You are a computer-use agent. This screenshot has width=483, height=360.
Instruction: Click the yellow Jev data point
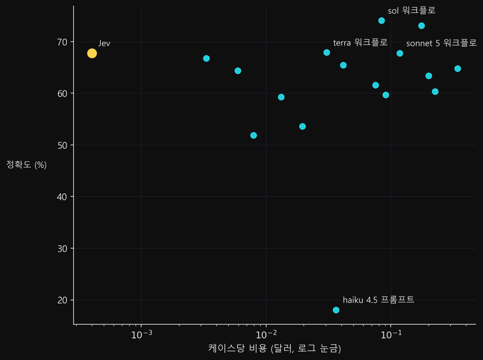pyautogui.click(x=92, y=53)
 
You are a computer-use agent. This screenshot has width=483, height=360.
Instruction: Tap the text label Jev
pyautogui.click(x=105, y=43)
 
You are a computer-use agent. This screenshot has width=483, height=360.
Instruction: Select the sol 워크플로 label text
pyautogui.click(x=412, y=11)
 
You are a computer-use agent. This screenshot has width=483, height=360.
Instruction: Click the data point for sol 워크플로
pyautogui.click(x=381, y=21)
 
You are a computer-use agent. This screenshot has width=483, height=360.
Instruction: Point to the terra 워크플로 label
pyautogui.click(x=360, y=43)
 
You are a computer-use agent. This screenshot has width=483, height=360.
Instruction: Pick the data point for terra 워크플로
pyautogui.click(x=327, y=52)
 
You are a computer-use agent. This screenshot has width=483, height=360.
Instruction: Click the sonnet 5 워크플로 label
pyautogui.click(x=441, y=43)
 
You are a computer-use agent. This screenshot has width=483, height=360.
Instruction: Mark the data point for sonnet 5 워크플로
pyautogui.click(x=400, y=53)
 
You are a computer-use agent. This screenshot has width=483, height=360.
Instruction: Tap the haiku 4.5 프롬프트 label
pyautogui.click(x=378, y=300)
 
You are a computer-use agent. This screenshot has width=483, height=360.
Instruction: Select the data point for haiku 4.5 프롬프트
pyautogui.click(x=336, y=310)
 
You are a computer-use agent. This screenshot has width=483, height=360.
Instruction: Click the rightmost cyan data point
pyautogui.click(x=457, y=68)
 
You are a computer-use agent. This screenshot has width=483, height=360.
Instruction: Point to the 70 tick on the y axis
pyautogui.click(x=62, y=42)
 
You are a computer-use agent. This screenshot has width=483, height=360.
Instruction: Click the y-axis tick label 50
pyautogui.click(x=62, y=145)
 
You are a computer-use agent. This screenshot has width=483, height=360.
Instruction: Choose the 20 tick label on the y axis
pyautogui.click(x=62, y=300)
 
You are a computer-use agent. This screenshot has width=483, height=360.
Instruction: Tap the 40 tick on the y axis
pyautogui.click(x=62, y=197)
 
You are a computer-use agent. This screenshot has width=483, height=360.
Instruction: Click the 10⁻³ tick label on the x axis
pyautogui.click(x=142, y=334)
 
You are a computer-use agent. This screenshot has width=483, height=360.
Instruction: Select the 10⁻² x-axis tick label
pyautogui.click(x=266, y=334)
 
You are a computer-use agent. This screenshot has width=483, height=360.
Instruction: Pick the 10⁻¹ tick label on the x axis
pyautogui.click(x=391, y=334)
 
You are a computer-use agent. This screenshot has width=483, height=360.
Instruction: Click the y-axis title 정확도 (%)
pyautogui.click(x=26, y=165)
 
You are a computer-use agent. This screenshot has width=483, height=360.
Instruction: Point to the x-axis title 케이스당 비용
pyautogui.click(x=237, y=348)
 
